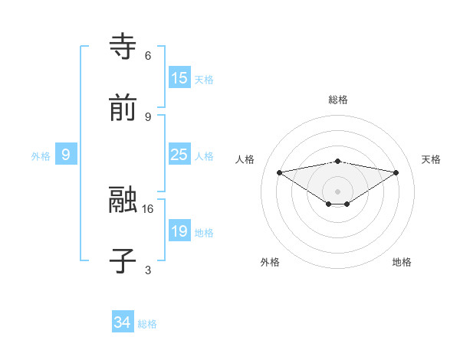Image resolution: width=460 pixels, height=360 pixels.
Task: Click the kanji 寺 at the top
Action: click(123, 46)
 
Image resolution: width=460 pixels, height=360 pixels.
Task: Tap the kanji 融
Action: click(123, 199)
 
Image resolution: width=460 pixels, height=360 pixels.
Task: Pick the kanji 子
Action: click(123, 260)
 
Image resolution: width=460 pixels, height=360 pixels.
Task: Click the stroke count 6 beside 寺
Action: click(148, 55)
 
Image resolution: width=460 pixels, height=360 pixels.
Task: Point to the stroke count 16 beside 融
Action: click(149, 208)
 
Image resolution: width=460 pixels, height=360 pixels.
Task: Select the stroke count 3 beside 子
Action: click(148, 270)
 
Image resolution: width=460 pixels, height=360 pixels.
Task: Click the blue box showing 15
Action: click(179, 78)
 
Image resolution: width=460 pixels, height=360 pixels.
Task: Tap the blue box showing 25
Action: click(179, 155)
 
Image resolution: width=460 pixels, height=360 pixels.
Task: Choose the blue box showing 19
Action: click(179, 231)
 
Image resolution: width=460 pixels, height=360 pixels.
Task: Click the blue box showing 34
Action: click(123, 322)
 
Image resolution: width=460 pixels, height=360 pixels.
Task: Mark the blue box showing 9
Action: click(66, 155)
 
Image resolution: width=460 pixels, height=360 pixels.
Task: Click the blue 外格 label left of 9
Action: click(41, 155)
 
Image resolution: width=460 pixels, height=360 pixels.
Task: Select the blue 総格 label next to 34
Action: click(147, 324)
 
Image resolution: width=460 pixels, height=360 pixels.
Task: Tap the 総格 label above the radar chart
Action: click(338, 100)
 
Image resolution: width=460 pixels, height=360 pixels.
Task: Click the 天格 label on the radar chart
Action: click(432, 159)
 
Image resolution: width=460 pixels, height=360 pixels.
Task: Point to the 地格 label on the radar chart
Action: click(402, 262)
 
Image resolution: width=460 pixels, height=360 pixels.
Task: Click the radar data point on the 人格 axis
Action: click(280, 172)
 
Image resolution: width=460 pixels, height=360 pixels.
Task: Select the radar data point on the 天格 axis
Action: click(396, 172)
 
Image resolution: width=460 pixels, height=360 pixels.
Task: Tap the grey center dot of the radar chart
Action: click(338, 191)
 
